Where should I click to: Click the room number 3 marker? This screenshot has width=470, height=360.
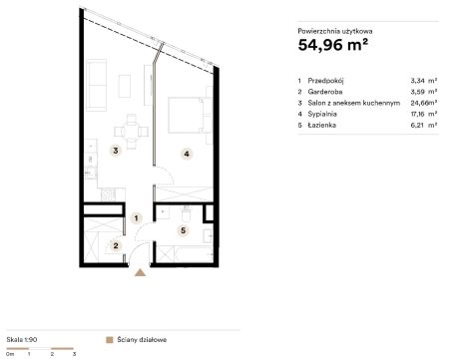pyautogui.click(x=116, y=151)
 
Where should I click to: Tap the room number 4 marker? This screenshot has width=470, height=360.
pyautogui.click(x=187, y=154)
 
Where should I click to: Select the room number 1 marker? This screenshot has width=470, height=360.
pyautogui.click(x=136, y=218)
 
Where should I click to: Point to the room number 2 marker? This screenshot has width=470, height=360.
pyautogui.click(x=116, y=246)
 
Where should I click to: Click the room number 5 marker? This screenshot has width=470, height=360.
pyautogui.click(x=183, y=230)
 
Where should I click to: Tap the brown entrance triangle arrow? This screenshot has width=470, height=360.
pyautogui.click(x=140, y=272)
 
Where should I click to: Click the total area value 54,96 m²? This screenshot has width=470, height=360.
pyautogui.click(x=333, y=45)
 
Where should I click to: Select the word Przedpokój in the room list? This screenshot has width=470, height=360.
pyautogui.click(x=325, y=81)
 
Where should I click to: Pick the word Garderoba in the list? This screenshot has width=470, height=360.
pyautogui.click(x=325, y=92)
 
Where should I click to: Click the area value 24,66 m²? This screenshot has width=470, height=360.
pyautogui.click(x=424, y=103)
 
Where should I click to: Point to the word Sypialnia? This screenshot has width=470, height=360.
pyautogui.click(x=322, y=114)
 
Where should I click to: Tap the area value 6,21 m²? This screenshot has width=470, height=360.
pyautogui.click(x=424, y=126)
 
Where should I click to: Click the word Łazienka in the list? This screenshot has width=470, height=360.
pyautogui.click(x=322, y=125)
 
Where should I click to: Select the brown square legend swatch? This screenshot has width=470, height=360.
pyautogui.click(x=109, y=340)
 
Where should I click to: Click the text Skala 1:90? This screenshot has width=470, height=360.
pyautogui.click(x=22, y=340)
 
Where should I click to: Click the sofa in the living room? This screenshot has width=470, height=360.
pyautogui.click(x=96, y=85)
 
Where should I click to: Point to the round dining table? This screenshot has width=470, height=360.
pyautogui.click(x=132, y=132)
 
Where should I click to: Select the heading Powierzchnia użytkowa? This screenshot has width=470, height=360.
pyautogui.click(x=335, y=31)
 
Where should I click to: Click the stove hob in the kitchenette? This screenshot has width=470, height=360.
pyautogui.click(x=108, y=194)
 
